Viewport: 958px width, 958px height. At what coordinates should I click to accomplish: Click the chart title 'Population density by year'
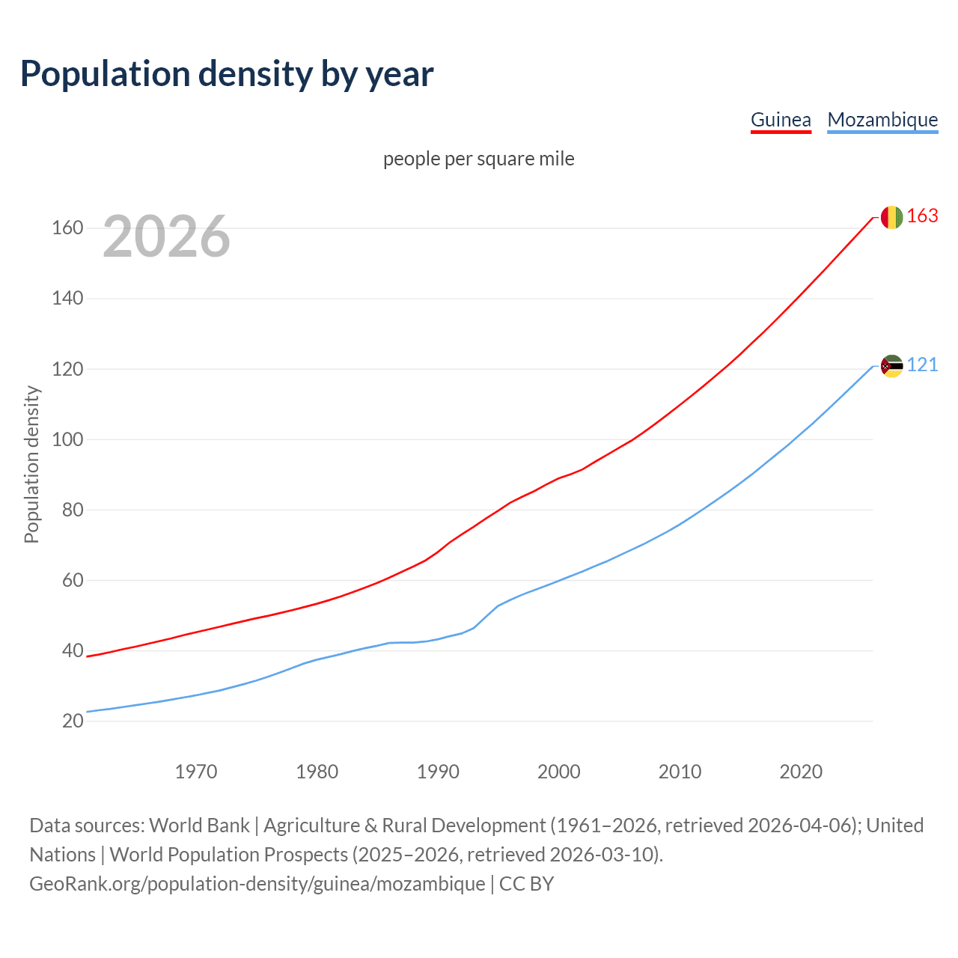[227, 74]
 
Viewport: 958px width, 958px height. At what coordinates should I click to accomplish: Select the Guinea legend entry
[781, 120]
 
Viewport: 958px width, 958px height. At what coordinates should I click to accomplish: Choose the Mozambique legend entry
[882, 120]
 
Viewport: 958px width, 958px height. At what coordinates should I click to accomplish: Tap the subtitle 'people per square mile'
[479, 159]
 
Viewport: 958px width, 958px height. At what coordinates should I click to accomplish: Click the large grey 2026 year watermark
[166, 237]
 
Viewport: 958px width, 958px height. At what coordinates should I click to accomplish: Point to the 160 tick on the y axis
[67, 228]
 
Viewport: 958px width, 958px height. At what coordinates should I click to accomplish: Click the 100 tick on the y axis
[67, 439]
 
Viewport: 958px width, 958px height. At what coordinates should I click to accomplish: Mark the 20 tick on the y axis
[73, 721]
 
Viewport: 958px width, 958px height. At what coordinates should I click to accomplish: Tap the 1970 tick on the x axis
[196, 772]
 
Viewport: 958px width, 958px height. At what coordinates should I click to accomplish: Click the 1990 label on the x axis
[438, 772]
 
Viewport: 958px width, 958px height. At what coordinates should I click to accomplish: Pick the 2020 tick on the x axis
[801, 772]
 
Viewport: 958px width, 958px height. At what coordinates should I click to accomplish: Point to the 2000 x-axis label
[559, 772]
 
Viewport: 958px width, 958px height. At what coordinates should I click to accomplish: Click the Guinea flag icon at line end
[891, 217]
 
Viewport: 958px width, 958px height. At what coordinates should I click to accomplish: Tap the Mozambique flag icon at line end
[891, 366]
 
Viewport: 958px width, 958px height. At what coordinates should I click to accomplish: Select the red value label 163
[922, 216]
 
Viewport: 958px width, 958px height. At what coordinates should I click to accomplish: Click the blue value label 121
[922, 365]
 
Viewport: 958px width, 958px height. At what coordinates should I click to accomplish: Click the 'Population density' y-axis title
[31, 464]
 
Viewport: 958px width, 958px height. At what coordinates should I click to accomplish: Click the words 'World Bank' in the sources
[199, 826]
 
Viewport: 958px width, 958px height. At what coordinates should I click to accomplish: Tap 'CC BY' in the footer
[526, 884]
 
